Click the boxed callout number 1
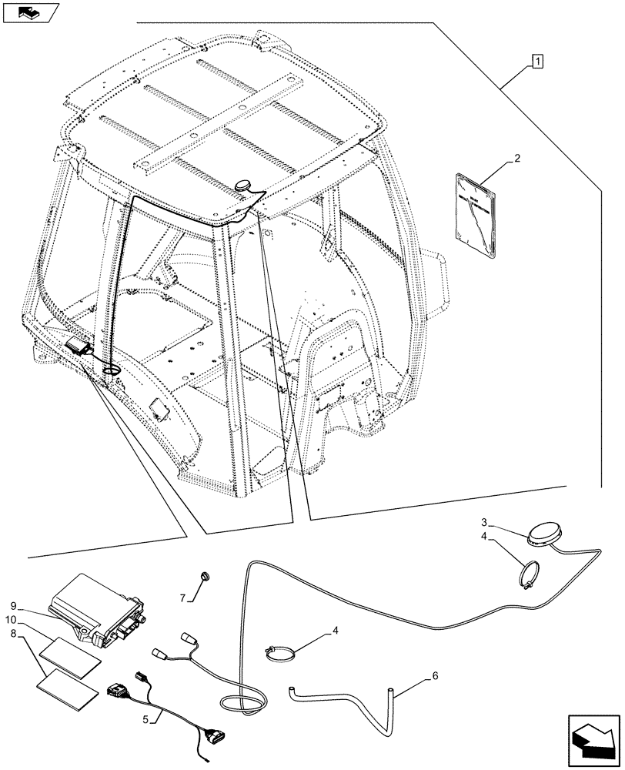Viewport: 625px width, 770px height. [536, 60]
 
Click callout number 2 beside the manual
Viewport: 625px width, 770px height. [517, 159]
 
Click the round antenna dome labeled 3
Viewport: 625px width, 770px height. [545, 534]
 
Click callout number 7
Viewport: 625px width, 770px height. [182, 598]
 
